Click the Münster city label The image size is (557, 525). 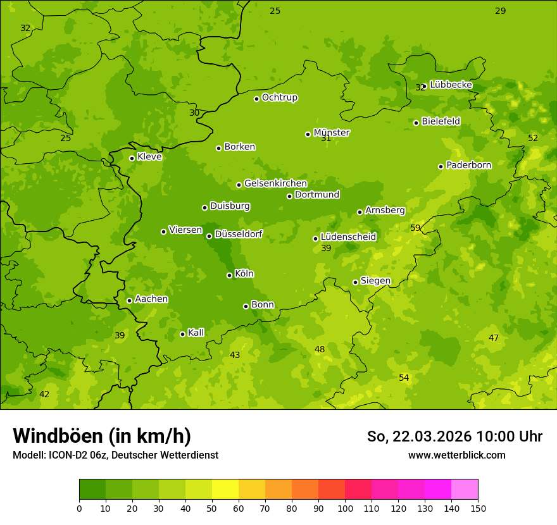pos(332,133)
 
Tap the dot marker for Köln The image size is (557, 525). pos(229,275)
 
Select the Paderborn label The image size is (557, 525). pos(468,165)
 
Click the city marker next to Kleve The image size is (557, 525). pos(132,158)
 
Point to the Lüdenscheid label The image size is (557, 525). pos(348,237)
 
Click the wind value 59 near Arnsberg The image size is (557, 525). pos(415,228)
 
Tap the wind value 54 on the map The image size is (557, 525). pos(404,378)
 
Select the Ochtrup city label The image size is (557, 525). pos(280,97)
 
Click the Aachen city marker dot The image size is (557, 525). pos(129,300)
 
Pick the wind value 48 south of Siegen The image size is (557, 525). pos(320,349)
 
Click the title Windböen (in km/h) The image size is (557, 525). pos(102,436)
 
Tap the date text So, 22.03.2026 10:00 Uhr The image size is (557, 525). pos(454,436)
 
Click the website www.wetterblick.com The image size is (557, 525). pos(457,455)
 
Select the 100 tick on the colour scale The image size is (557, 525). pos(345,508)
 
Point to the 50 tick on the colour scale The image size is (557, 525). pos(212,508)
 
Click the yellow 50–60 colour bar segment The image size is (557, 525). pos(225,490)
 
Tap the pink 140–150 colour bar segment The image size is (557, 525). pos(465,490)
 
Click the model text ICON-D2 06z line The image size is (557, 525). pos(115,455)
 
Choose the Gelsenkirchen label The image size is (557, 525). pos(275,183)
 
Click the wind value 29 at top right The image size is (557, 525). pos(500,11)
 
